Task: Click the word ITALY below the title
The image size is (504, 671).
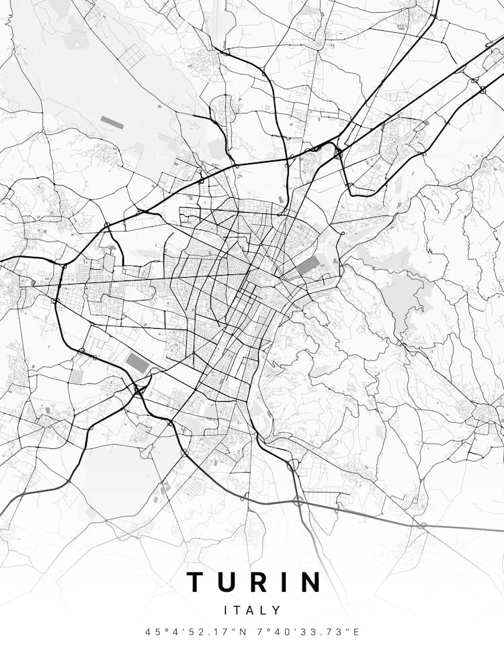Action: point(252,611)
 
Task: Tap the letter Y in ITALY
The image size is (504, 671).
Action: point(277,611)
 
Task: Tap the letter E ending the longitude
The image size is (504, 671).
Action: point(357,632)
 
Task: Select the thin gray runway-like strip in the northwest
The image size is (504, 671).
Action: point(111,123)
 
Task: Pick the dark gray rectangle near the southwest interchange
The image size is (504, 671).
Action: point(137,363)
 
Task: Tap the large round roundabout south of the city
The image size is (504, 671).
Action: point(293,464)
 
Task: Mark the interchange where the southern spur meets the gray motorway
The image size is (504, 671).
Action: point(298,501)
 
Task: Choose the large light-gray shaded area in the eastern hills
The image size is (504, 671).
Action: point(403,295)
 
